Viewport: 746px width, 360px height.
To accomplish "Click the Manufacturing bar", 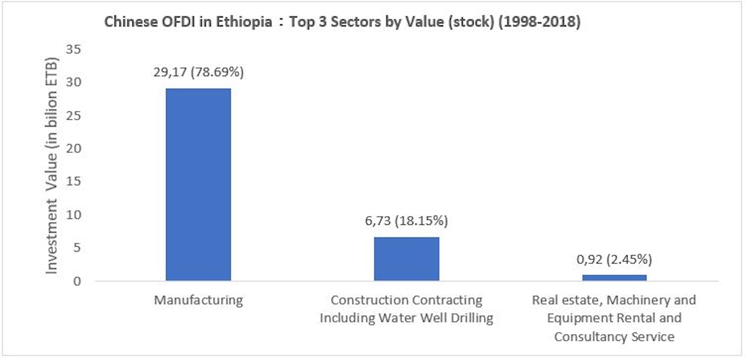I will (x=198, y=184).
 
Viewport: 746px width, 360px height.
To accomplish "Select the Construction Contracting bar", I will (x=406, y=259).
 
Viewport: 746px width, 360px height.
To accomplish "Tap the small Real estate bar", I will (x=614, y=277).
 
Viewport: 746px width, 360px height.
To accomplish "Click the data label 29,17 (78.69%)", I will (x=198, y=72).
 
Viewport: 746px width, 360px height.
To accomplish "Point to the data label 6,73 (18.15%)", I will (x=406, y=221).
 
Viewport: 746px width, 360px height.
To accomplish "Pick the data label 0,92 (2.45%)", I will (x=614, y=259).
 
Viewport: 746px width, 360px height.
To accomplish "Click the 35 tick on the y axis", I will (x=73, y=49).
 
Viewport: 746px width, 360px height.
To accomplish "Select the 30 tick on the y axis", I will (x=73, y=82).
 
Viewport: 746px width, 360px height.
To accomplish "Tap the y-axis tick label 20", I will (x=73, y=148).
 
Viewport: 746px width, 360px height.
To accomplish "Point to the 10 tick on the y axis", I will (x=73, y=215).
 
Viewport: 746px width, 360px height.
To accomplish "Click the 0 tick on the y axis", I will (x=77, y=281).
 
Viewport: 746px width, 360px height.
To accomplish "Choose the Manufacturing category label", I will (x=198, y=300).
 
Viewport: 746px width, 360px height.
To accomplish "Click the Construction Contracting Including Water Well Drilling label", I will (x=406, y=309).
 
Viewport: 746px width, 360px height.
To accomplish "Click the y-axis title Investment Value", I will (x=51, y=166).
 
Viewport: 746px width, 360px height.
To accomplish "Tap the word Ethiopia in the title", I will (x=244, y=22).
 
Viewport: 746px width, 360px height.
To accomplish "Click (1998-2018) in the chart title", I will (x=539, y=22).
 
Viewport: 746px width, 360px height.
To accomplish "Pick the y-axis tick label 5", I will (x=77, y=248).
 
